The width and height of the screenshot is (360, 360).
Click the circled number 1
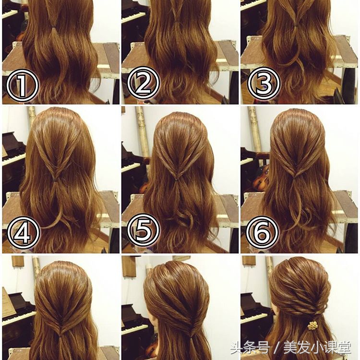point(22,85)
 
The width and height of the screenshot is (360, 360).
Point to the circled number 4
point(24,232)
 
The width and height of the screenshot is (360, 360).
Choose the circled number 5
point(143,230)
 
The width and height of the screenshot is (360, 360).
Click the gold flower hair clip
point(312,325)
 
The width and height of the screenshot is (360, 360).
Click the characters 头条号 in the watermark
point(250,348)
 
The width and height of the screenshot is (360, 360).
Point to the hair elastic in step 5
point(177,179)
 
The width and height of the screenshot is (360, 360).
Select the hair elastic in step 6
point(295,177)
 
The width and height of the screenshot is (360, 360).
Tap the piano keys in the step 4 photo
point(14,159)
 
